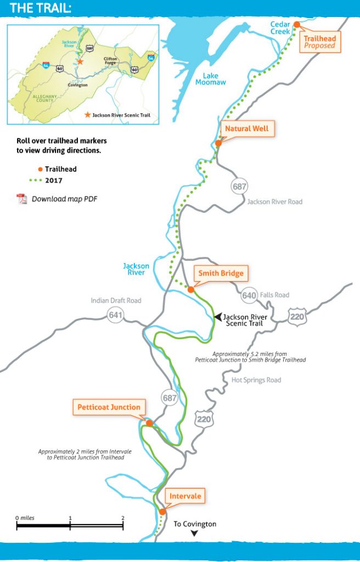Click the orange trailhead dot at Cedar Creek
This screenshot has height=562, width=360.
coord(296,25)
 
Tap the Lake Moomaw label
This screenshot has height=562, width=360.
coord(211,78)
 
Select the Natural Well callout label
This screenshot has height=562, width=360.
coord(246,130)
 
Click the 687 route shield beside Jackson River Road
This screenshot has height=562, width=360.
coord(239,187)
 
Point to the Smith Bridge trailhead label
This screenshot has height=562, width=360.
coord(221,273)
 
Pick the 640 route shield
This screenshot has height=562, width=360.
coord(249,296)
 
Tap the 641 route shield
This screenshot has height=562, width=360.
coord(115,315)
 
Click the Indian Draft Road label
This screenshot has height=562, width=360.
coord(116,300)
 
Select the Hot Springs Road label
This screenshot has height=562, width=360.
coord(256,380)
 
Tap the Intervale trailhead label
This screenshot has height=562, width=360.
coord(185,497)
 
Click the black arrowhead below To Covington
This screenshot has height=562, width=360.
coord(194,533)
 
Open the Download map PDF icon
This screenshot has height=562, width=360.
coord(22,199)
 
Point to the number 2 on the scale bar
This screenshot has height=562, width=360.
coord(122,518)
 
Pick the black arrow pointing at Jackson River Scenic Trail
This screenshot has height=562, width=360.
coord(218,317)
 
